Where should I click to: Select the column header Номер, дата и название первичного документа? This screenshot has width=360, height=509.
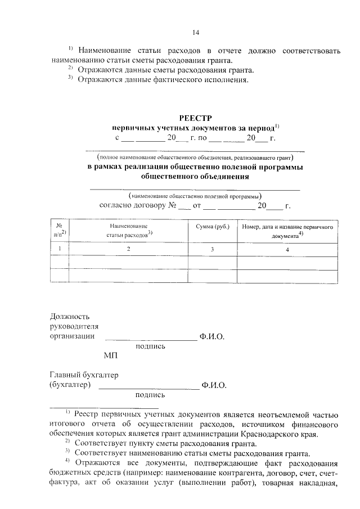(x=287, y=231)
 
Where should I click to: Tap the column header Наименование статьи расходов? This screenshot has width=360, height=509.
(x=129, y=231)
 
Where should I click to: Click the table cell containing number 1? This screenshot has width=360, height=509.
(x=60, y=248)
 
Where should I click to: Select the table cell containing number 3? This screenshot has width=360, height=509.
(x=211, y=248)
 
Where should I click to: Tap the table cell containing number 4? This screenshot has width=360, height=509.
(x=287, y=248)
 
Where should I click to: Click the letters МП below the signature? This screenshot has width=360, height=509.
(x=111, y=355)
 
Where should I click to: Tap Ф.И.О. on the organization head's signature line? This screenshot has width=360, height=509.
(x=211, y=336)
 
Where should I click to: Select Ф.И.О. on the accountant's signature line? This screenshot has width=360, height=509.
(x=214, y=385)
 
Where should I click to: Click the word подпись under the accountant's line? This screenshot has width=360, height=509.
(x=150, y=395)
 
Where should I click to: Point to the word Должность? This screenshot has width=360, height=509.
(x=70, y=316)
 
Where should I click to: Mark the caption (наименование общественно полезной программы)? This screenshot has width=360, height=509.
(x=195, y=196)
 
